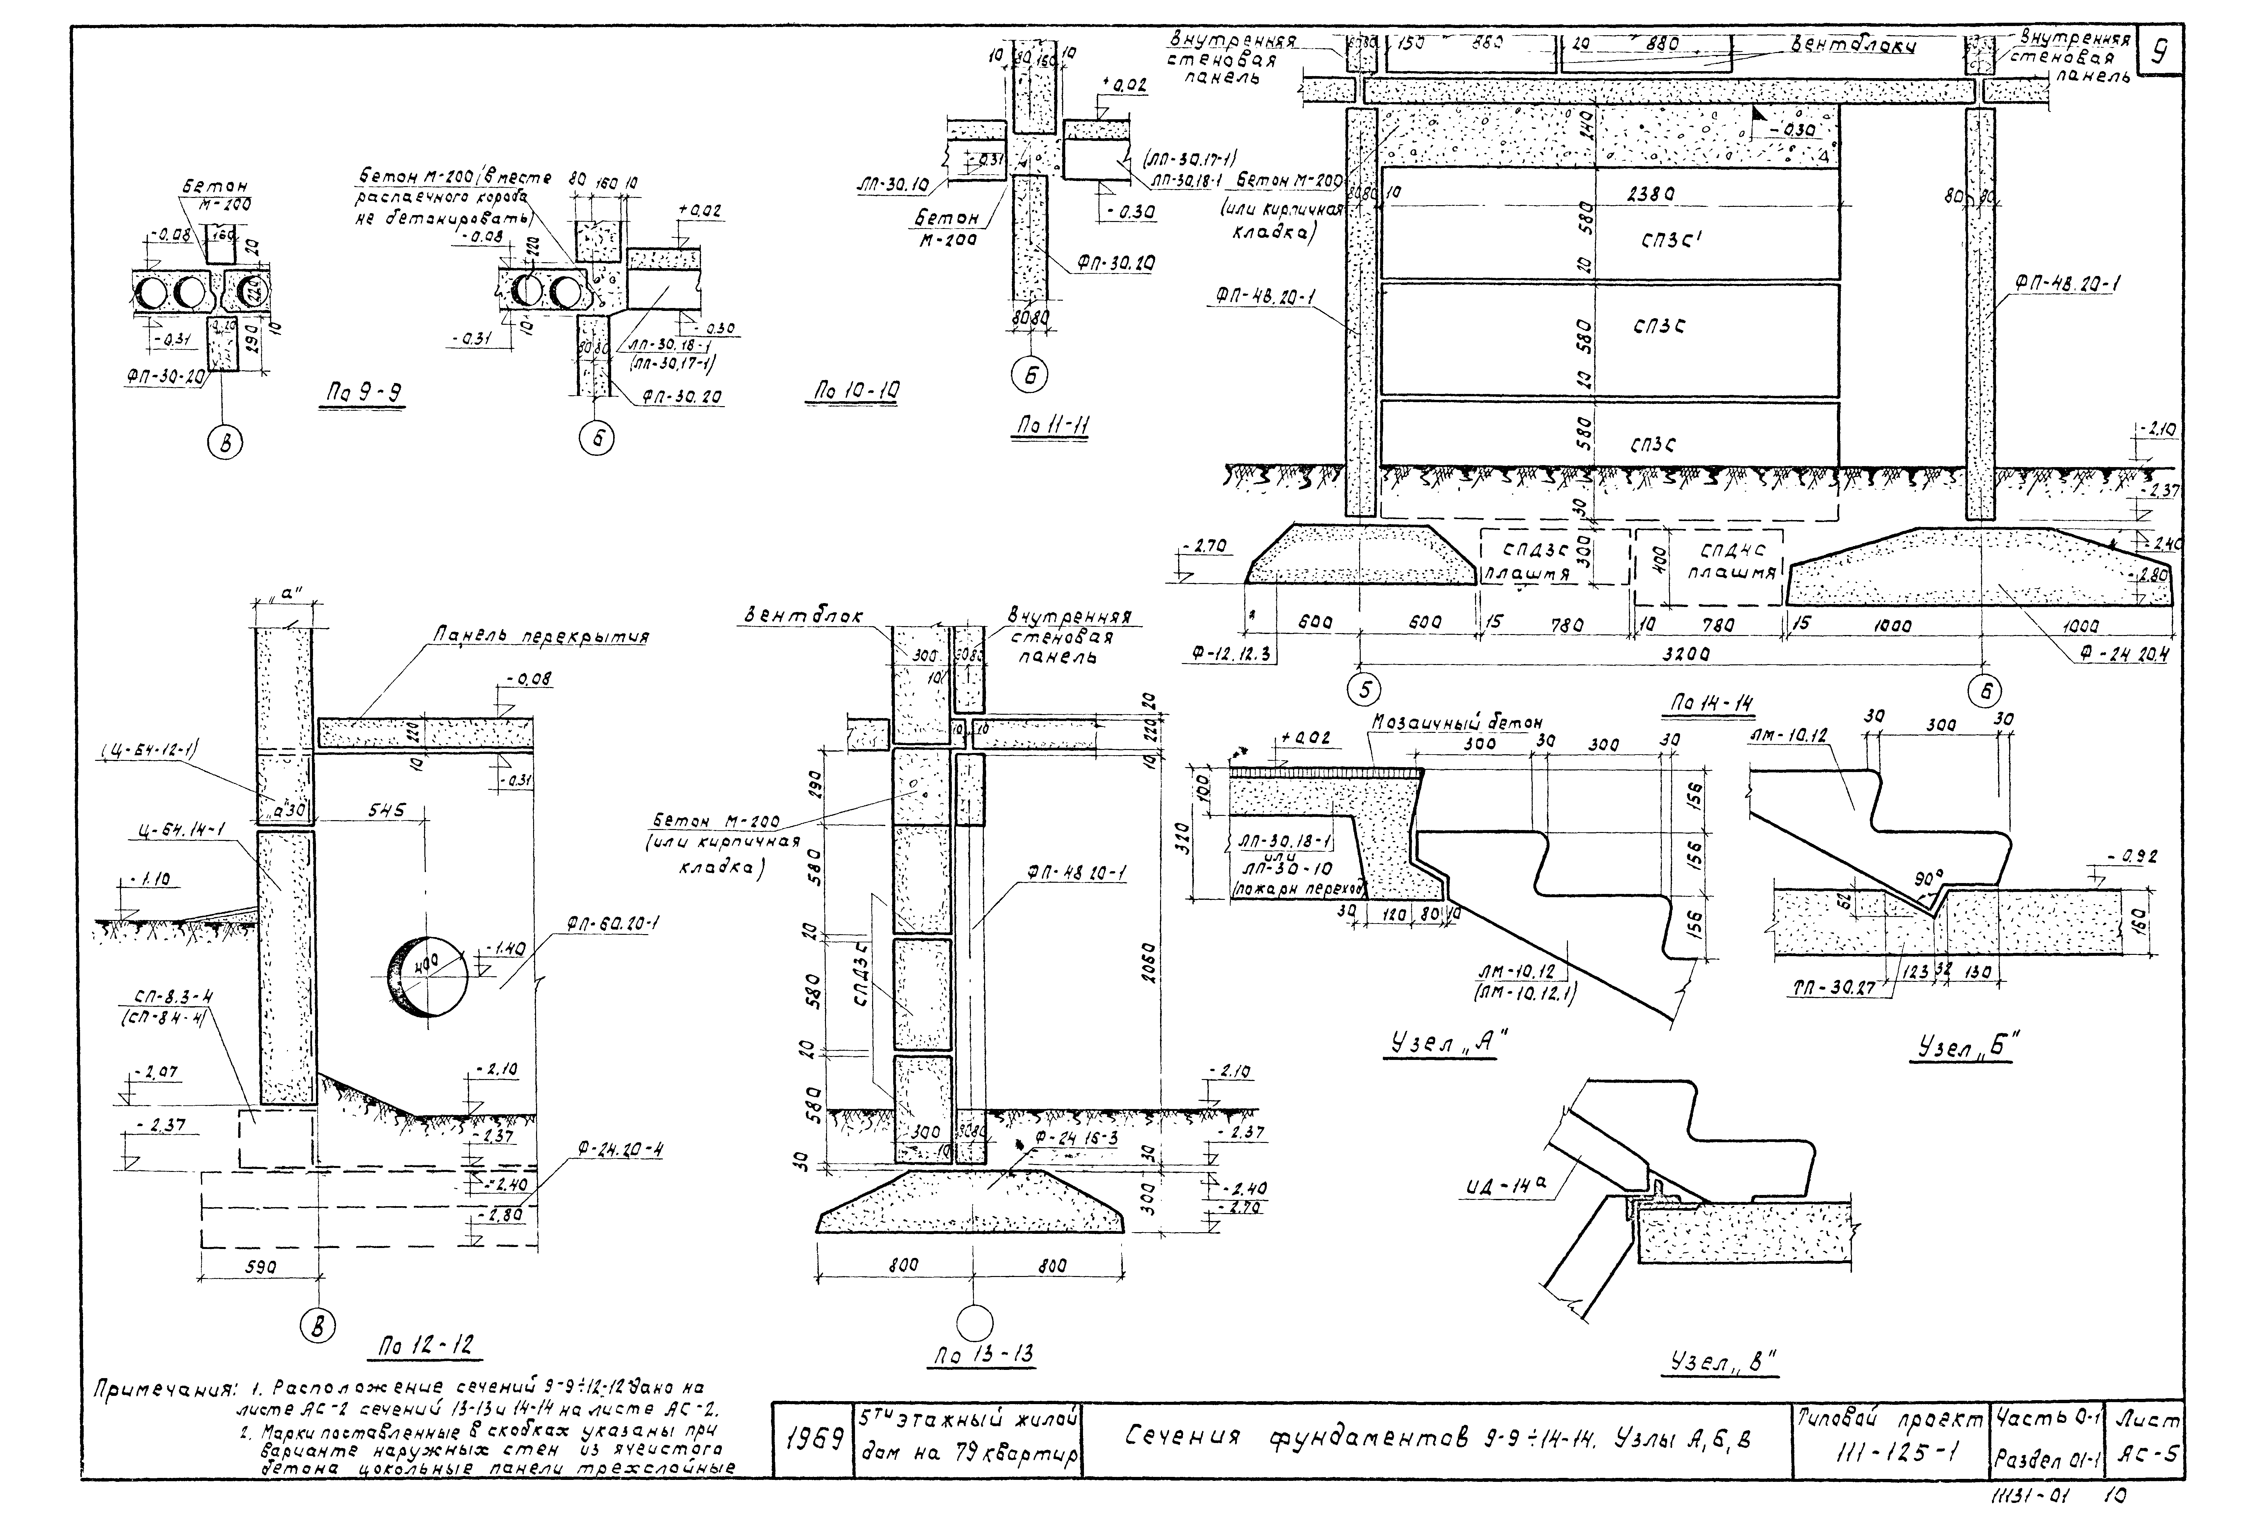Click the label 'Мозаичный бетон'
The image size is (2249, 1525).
click(1456, 722)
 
